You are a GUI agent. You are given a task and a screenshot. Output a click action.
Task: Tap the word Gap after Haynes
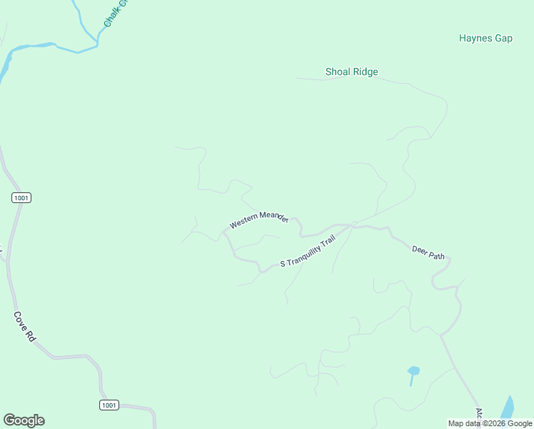(503, 38)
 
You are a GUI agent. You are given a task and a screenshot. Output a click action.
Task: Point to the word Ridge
(365, 71)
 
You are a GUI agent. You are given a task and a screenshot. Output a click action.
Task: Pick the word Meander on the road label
(273, 216)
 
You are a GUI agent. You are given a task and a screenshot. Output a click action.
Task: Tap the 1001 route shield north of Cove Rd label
(21, 197)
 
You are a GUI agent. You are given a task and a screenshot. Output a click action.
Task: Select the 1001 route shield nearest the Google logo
(109, 405)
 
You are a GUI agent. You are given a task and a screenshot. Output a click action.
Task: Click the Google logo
(24, 420)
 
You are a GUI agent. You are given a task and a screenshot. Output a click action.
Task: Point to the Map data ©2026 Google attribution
(490, 423)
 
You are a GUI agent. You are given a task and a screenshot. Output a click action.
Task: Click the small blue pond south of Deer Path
(413, 371)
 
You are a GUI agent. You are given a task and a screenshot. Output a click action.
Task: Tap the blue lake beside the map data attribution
(508, 408)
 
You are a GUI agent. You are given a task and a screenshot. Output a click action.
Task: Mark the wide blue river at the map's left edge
(6, 63)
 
